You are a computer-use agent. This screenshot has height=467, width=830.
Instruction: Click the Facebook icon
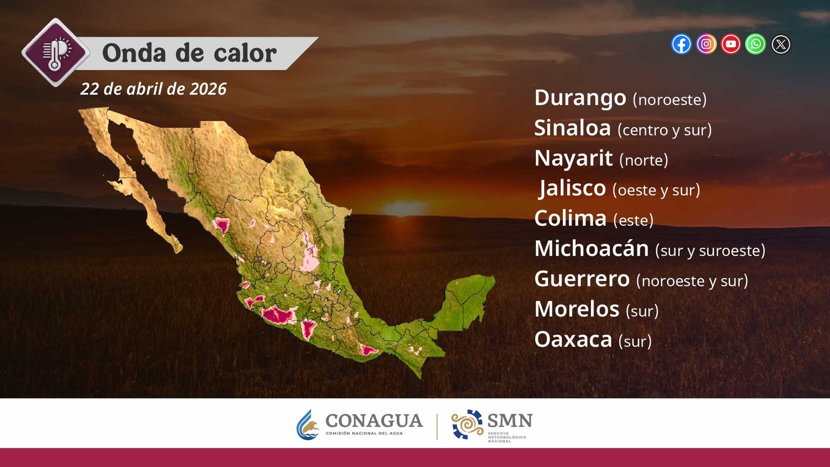tap(681, 44)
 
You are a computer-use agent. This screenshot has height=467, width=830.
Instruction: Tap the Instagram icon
tap(706, 44)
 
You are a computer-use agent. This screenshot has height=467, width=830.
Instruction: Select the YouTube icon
tap(731, 44)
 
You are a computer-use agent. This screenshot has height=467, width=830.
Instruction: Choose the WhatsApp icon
tap(755, 44)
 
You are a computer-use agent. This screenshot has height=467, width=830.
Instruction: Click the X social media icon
tap(781, 45)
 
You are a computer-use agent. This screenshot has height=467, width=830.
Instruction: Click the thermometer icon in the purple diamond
tap(56, 52)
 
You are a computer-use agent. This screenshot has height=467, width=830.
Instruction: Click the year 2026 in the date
tap(208, 89)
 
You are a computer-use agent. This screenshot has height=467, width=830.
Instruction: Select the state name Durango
tap(580, 98)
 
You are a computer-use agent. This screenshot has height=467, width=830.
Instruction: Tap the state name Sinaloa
tap(572, 128)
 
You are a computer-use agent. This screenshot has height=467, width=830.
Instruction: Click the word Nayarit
tap(573, 159)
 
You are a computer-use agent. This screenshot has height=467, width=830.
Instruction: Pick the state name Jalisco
tap(573, 188)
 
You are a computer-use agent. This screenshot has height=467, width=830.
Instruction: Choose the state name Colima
tap(570, 218)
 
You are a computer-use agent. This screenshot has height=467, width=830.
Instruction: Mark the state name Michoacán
tap(591, 249)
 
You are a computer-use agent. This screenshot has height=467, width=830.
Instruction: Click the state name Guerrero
tap(582, 279)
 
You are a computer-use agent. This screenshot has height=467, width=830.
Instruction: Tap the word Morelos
tap(576, 309)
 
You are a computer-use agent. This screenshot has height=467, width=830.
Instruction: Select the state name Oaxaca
tap(573, 339)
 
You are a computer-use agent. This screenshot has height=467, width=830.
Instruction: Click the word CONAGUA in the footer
tap(374, 421)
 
